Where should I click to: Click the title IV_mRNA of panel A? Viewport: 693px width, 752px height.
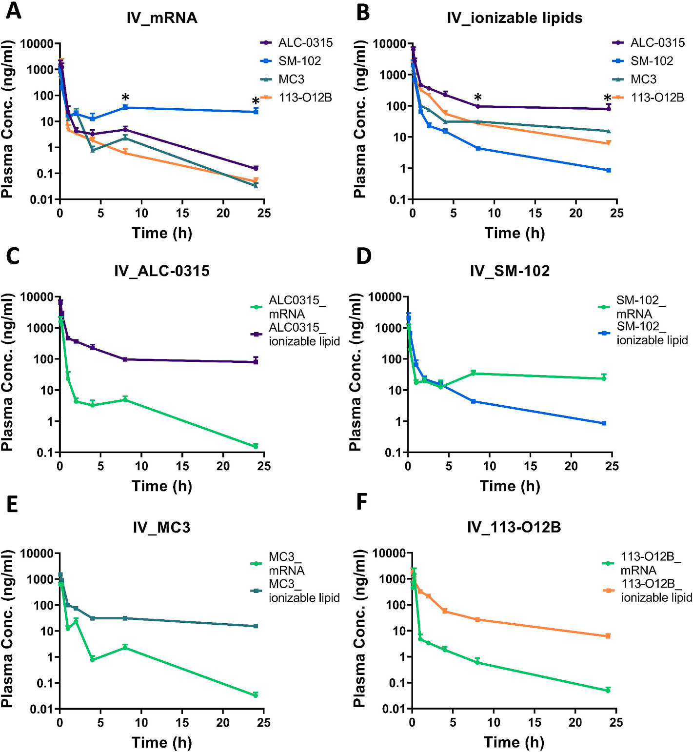161,18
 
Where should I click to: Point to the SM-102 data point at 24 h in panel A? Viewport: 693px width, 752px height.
256,112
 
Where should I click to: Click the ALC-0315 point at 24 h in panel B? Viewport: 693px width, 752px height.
608,109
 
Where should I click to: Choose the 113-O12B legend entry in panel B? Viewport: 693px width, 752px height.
656,98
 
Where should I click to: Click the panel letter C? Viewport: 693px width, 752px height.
13,256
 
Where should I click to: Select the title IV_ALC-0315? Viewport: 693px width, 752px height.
161,271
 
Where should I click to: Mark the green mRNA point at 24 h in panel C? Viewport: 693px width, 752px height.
256,446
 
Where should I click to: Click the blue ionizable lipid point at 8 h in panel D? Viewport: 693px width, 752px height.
473,401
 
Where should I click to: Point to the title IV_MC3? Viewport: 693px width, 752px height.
161,528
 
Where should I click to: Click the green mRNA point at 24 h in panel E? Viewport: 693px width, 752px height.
256,695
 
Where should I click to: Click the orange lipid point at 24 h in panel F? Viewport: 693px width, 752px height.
608,636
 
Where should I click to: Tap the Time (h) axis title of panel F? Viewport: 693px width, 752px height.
514,742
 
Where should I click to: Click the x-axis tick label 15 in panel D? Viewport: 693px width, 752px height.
530,466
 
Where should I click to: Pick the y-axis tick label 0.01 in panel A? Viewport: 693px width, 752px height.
41,199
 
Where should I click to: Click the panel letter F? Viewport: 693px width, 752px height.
361,502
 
